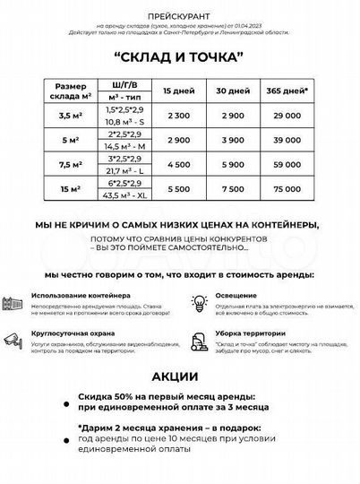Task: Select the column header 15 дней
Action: click(176, 92)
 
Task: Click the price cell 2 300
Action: click(176, 117)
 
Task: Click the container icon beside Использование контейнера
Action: click(14, 302)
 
